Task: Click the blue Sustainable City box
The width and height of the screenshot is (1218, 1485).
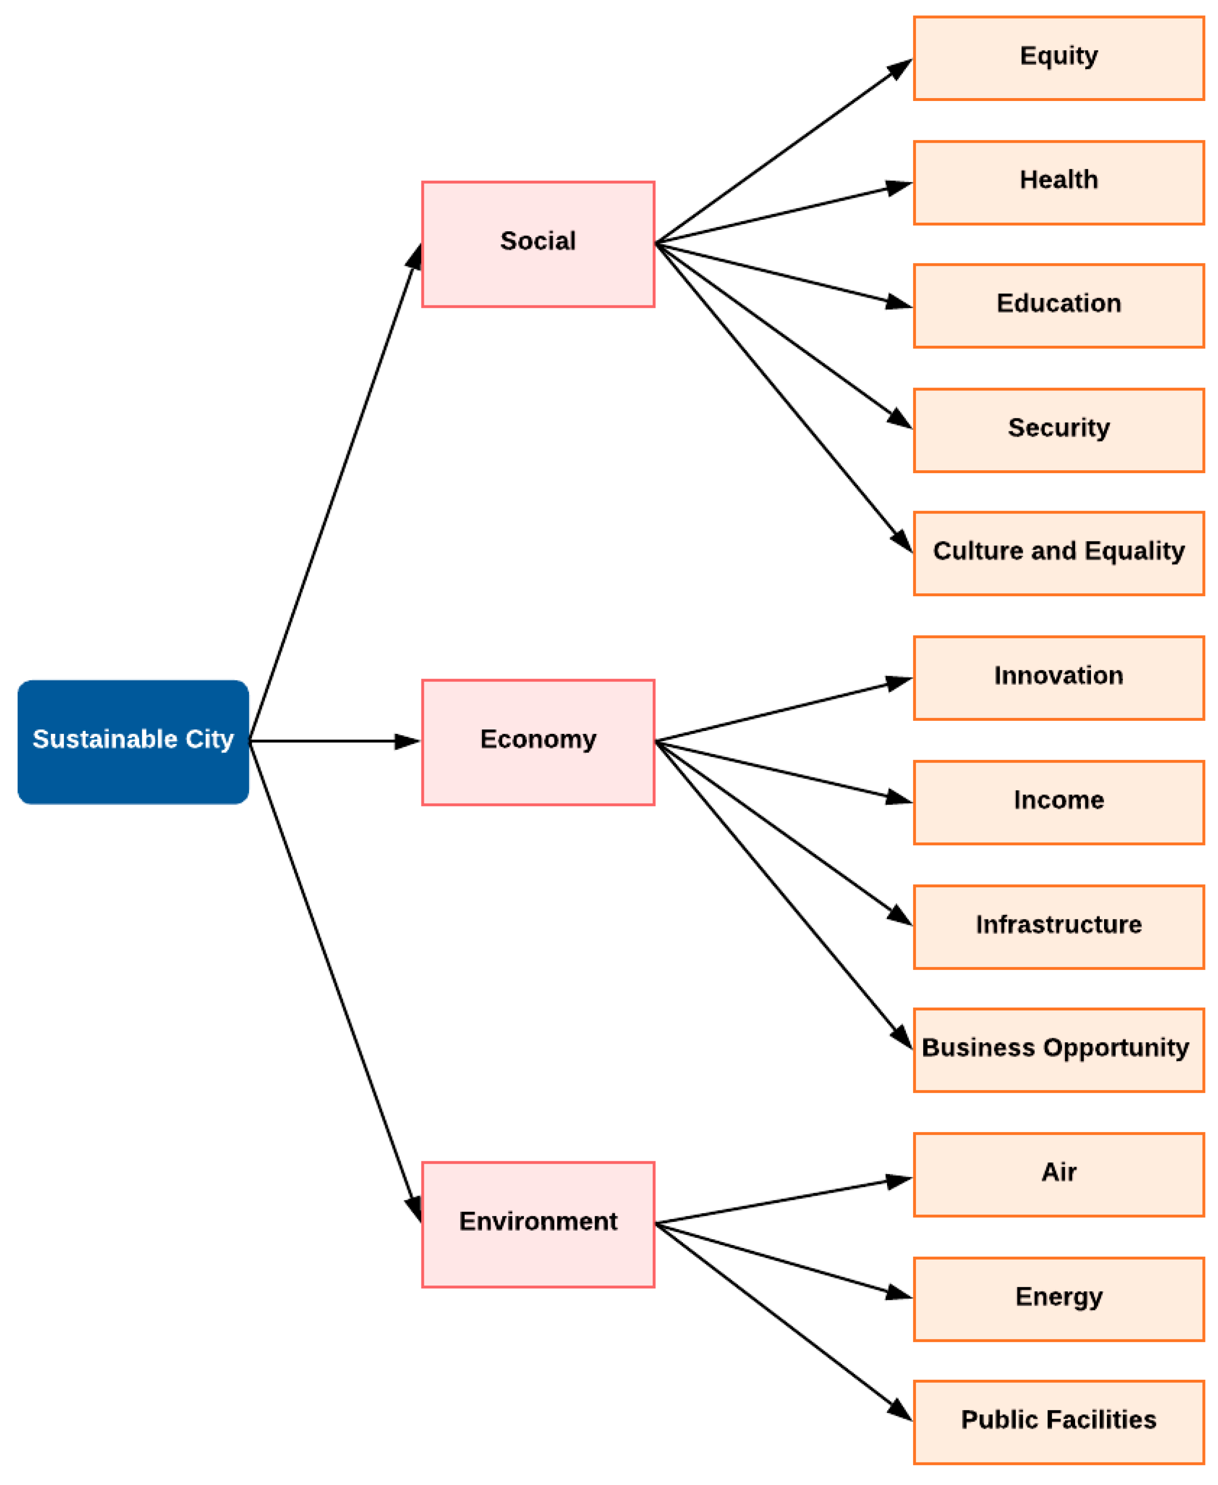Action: click(x=133, y=742)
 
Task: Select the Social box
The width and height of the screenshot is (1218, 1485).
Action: click(x=538, y=244)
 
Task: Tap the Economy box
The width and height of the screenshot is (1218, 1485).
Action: click(x=538, y=742)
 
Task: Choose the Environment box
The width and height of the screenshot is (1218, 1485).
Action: click(x=538, y=1224)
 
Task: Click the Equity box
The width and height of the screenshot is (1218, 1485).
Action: click(x=1059, y=58)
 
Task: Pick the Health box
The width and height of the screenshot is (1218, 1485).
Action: click(x=1059, y=182)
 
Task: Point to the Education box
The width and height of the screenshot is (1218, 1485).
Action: click(x=1059, y=306)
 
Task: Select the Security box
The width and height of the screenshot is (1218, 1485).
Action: click(x=1059, y=430)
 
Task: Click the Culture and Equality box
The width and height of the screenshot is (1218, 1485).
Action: click(x=1059, y=554)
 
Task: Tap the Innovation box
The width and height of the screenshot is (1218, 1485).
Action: click(x=1059, y=678)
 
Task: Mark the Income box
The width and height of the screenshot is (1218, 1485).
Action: click(x=1059, y=803)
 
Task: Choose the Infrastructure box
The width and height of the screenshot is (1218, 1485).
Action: click(x=1059, y=927)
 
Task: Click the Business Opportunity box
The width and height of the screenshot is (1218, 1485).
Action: click(x=1059, y=1050)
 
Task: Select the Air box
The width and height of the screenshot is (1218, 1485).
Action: click(x=1059, y=1174)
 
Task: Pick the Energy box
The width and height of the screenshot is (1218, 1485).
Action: click(x=1059, y=1299)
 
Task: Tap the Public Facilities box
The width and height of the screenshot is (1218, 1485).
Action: click(x=1059, y=1422)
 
